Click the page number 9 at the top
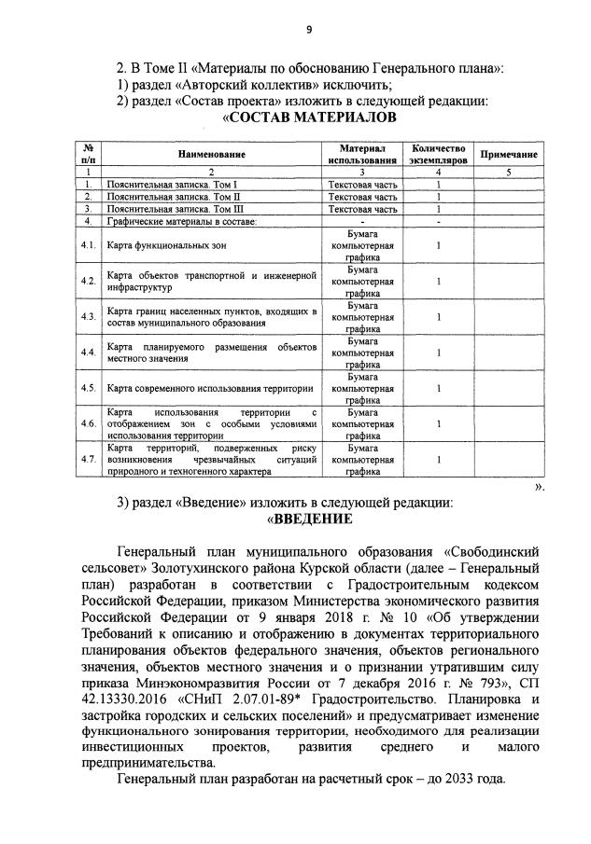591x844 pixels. tap(308, 30)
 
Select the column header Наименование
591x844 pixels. tap(212, 154)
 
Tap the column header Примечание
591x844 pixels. tap(508, 154)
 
